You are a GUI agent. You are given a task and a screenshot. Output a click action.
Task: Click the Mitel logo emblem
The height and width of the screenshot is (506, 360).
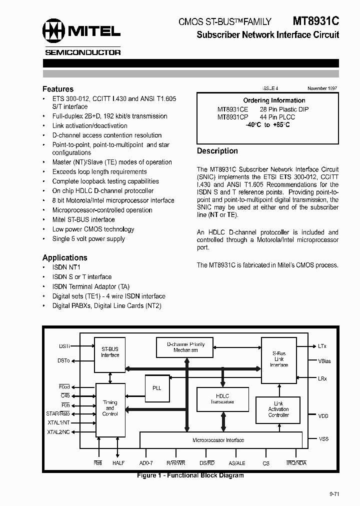click(x=53, y=30)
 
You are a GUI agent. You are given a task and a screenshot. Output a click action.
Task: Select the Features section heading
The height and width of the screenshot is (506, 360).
click(x=58, y=89)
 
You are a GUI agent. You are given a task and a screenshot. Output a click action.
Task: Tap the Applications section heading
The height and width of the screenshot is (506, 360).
click(x=65, y=257)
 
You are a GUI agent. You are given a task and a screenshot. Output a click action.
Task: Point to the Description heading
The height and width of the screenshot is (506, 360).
click(x=217, y=151)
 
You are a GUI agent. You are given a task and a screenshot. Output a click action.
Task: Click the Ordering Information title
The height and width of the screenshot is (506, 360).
click(x=274, y=100)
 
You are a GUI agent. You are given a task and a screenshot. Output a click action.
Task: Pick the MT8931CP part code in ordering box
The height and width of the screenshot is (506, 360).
click(x=232, y=117)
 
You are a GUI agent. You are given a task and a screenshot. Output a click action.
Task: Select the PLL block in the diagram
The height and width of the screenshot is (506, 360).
click(x=156, y=387)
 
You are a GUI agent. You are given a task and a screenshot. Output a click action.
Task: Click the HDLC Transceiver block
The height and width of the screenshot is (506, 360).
click(x=222, y=398)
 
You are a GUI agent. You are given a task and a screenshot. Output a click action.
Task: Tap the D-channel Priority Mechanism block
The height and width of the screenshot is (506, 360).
click(x=185, y=347)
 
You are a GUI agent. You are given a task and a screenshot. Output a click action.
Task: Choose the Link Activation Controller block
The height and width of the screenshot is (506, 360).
click(x=278, y=409)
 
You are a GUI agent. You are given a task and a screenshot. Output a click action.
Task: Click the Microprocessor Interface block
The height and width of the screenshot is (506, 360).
click(x=218, y=440)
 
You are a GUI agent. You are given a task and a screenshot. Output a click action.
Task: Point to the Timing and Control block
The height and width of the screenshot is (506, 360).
click(x=110, y=408)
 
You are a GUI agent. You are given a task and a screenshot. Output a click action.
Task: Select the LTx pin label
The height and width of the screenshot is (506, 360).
click(x=322, y=346)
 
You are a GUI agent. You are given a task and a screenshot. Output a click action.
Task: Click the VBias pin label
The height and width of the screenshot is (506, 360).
click(x=324, y=361)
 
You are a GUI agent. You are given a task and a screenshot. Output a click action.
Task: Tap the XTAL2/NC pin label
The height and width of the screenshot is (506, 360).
click(x=59, y=432)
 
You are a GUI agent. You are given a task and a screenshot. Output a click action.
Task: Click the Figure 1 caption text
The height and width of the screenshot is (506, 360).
click(x=190, y=475)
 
